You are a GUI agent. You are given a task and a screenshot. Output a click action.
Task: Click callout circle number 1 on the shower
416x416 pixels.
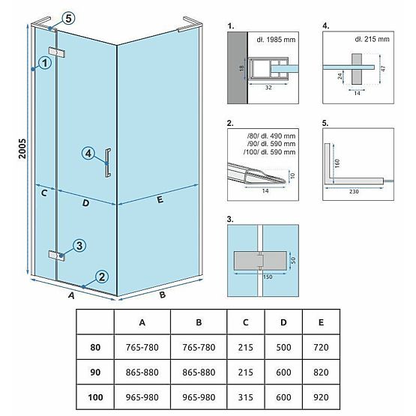[45, 64]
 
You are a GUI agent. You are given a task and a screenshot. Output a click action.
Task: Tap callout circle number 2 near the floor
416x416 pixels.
[102, 276]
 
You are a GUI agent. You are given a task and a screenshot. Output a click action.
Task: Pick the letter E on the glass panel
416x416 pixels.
[160, 200]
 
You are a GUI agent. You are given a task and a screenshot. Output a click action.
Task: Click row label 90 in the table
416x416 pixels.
[94, 371]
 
